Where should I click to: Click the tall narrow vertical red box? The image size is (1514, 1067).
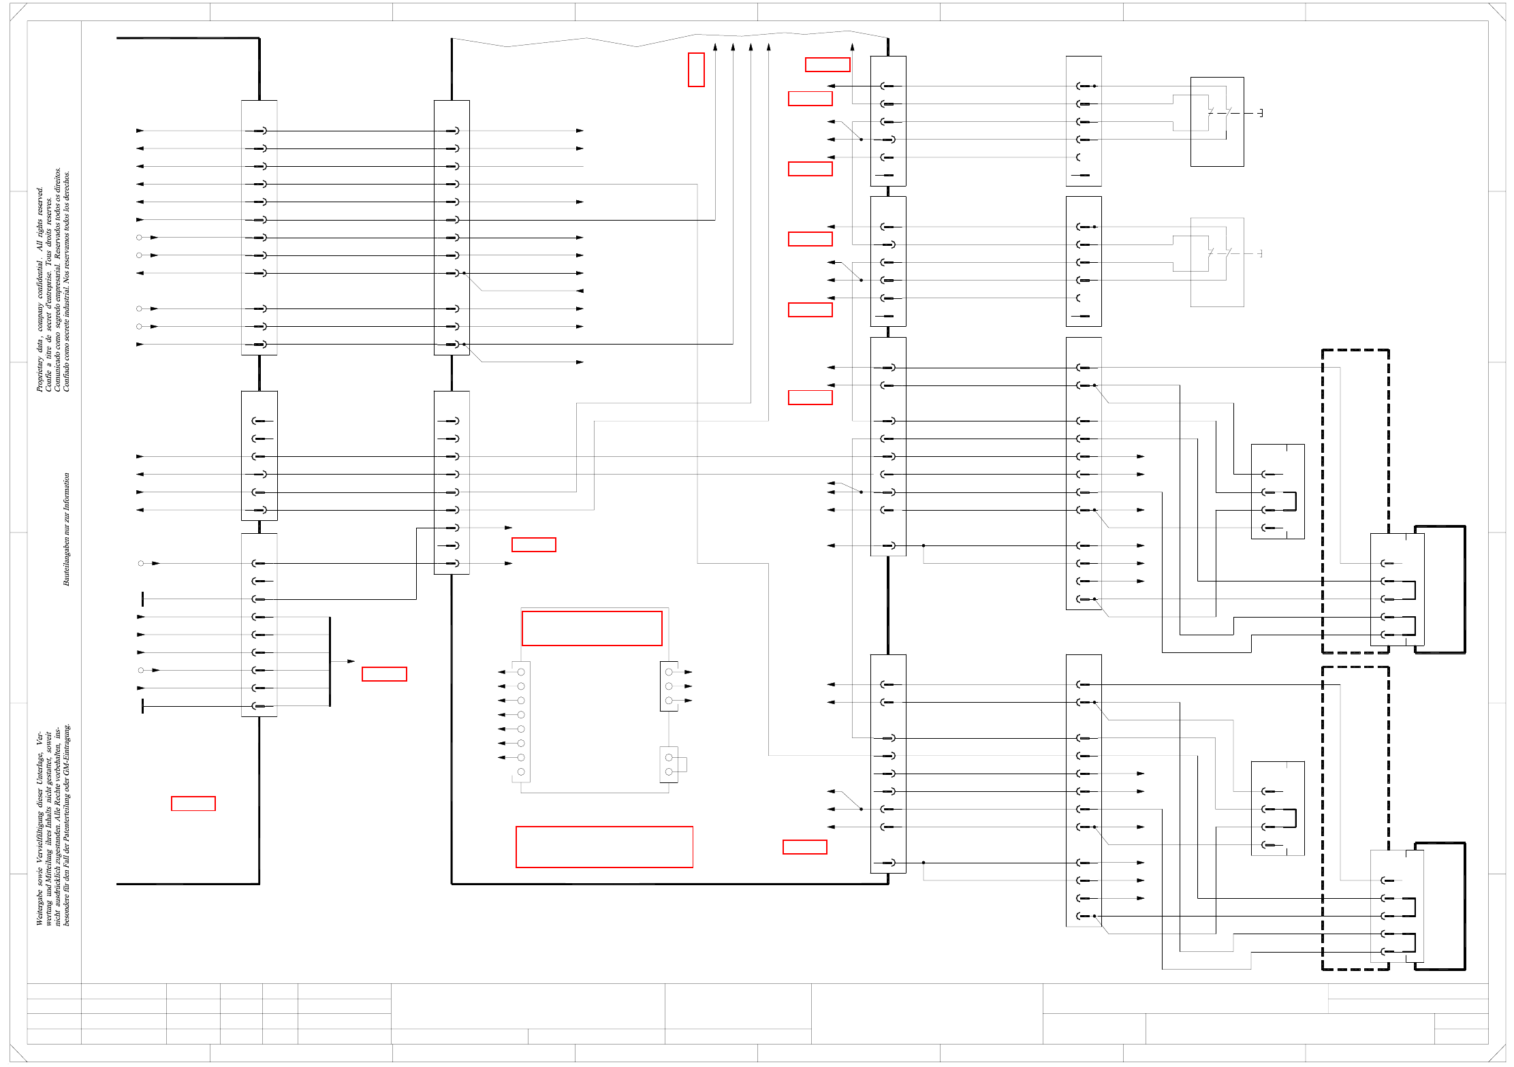(696, 69)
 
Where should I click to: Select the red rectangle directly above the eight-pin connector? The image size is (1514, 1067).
(592, 628)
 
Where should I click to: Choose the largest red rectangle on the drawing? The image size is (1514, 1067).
(604, 847)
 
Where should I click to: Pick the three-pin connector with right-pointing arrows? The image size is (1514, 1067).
(669, 686)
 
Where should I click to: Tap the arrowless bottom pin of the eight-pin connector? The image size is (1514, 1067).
(521, 771)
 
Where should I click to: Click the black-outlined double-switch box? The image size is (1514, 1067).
(1217, 121)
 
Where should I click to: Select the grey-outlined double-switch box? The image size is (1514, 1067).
(1217, 262)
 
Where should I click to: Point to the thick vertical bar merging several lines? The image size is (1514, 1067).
(330, 661)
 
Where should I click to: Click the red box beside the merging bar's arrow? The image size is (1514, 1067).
(384, 674)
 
